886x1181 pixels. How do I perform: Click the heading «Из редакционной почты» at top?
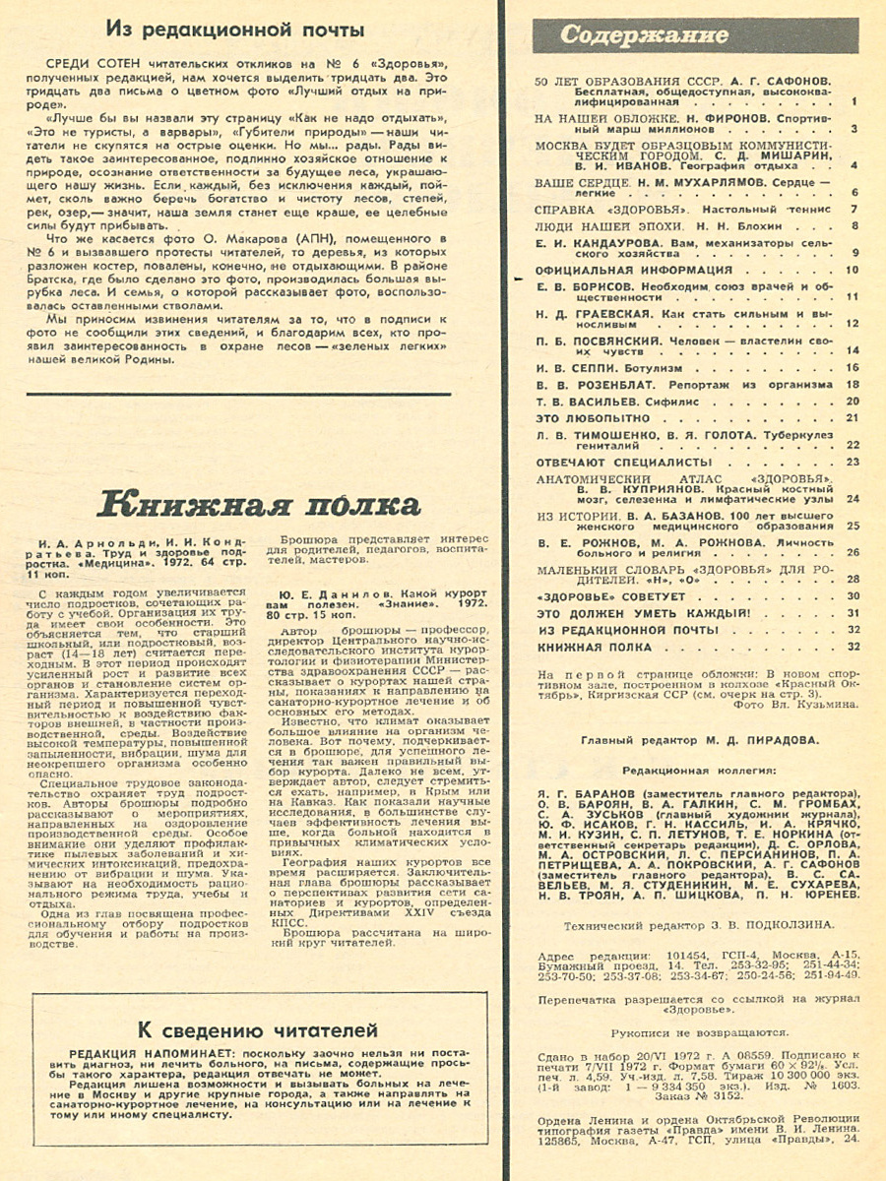pos(235,31)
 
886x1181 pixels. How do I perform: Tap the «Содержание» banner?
pos(645,35)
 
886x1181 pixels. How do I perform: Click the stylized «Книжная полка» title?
pos(262,505)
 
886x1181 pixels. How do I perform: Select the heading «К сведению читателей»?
pos(257,1031)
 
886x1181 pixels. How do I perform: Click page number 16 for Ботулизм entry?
pos(853,366)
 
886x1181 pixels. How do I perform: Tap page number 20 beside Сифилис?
pos(853,401)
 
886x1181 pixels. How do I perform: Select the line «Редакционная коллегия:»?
pos(698,770)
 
